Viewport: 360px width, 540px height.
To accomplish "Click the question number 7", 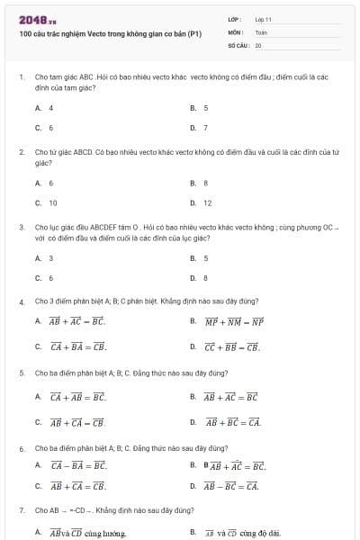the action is [x=22, y=510].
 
